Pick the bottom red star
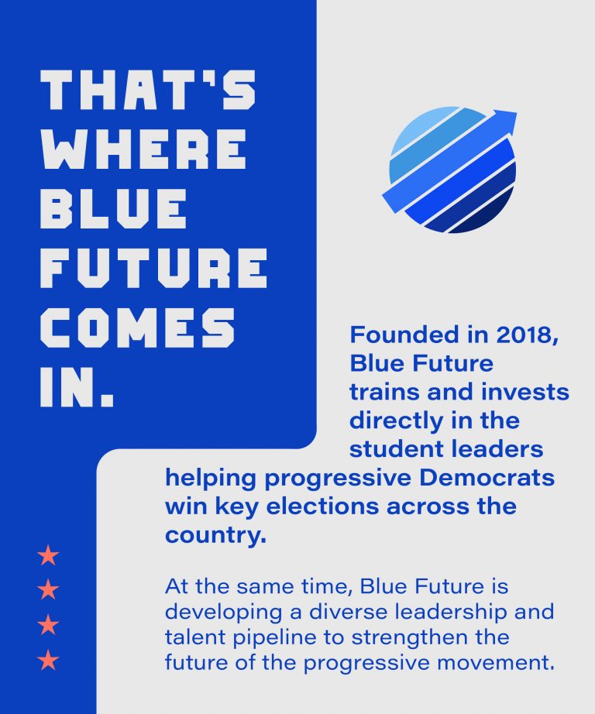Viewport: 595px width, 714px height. (48, 660)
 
